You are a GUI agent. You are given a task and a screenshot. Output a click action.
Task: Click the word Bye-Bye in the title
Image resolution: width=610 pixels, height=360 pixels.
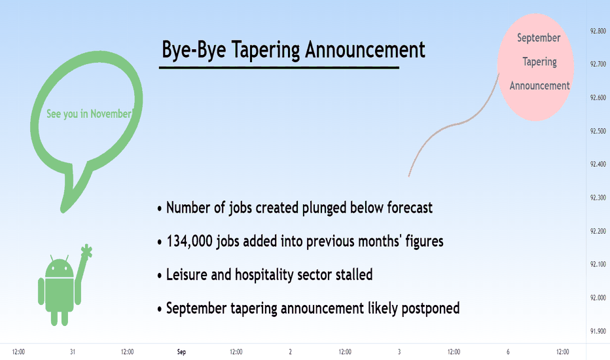(194, 50)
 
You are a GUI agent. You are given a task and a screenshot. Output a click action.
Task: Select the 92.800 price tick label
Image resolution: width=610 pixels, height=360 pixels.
(598, 31)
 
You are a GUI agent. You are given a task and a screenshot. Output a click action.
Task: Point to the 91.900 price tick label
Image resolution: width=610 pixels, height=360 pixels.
(598, 331)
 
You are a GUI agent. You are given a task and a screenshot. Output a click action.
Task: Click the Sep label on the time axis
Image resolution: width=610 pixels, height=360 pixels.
(181, 352)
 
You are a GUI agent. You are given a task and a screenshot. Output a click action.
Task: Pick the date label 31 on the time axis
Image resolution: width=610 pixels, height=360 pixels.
(73, 352)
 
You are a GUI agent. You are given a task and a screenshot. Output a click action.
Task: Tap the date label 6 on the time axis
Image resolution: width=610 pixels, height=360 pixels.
(508, 352)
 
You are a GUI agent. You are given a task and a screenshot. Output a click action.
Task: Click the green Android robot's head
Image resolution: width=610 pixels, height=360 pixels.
(59, 267)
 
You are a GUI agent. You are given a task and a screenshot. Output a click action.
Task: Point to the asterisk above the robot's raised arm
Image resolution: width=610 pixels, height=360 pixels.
(87, 251)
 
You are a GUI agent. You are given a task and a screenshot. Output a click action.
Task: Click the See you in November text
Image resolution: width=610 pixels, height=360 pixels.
(89, 114)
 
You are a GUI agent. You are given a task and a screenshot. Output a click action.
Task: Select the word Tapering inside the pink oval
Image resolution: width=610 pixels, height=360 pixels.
(539, 62)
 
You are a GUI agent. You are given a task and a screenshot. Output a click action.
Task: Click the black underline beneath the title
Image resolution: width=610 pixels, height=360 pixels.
(279, 67)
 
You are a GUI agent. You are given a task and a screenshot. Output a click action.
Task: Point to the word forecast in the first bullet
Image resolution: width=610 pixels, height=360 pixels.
(410, 208)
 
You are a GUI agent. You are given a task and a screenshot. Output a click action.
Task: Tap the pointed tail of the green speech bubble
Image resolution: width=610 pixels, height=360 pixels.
(63, 211)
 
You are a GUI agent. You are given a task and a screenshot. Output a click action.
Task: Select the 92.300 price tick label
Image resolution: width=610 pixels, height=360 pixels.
(598, 198)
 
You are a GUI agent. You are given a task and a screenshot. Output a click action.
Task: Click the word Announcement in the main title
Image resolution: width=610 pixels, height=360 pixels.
(365, 50)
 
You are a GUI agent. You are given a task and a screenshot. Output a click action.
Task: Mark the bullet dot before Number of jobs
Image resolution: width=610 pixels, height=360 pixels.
(160, 209)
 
